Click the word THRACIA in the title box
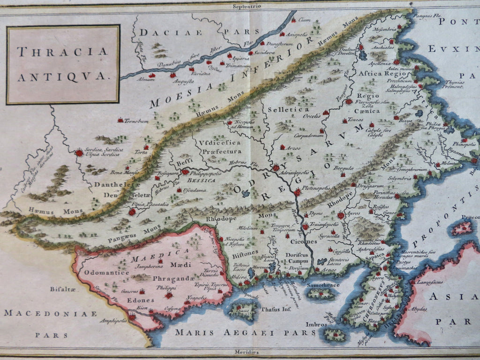click(x=62, y=51)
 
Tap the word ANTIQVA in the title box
click(x=62, y=74)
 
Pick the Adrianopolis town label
click(x=294, y=172)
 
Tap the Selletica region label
click(x=283, y=109)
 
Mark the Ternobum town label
click(x=136, y=121)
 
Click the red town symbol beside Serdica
click(x=79, y=152)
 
